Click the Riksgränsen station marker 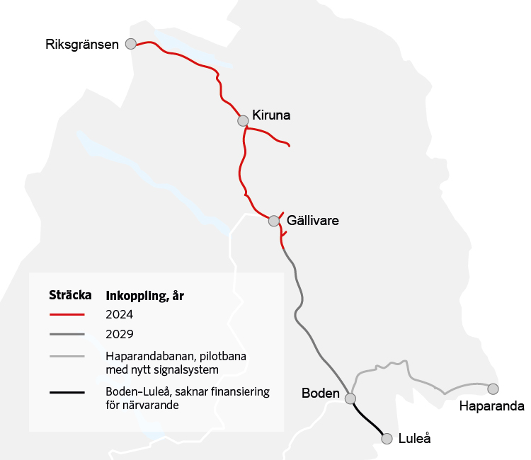click(130, 44)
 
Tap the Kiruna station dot click(243, 121)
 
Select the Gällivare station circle click(274, 221)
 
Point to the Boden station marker click(350, 398)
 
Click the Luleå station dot click(387, 439)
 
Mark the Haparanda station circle click(493, 389)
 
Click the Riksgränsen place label click(81, 45)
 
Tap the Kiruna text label click(271, 115)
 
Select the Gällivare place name click(313, 221)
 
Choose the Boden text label click(321, 393)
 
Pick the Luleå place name click(414, 439)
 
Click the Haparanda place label click(491, 406)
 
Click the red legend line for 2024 click(67, 314)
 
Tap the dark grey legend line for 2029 click(67, 334)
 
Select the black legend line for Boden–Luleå click(67, 392)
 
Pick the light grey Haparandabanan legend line click(67, 356)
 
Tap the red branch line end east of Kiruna click(289, 145)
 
